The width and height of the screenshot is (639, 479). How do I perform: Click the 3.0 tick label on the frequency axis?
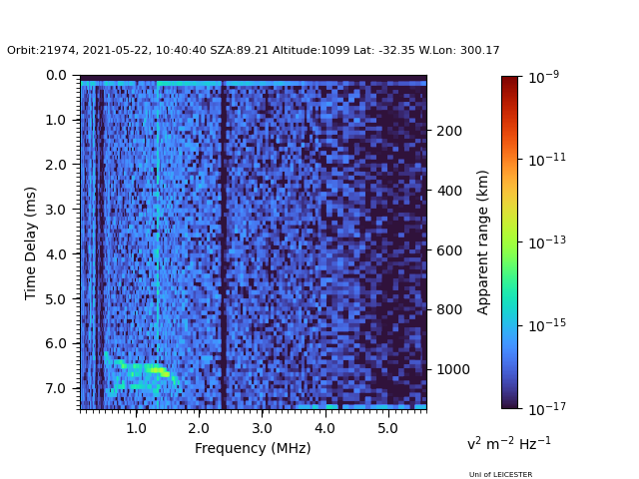coord(262,428)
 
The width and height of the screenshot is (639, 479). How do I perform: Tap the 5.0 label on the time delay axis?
coord(56,299)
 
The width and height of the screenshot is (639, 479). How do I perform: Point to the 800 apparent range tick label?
coord(449,309)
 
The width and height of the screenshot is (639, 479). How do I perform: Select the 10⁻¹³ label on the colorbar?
coord(547,241)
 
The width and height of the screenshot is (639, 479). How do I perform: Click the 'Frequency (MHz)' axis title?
coord(253,448)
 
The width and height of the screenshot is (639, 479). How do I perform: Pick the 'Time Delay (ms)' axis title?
coord(30,243)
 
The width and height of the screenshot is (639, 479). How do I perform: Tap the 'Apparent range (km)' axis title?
coord(482,242)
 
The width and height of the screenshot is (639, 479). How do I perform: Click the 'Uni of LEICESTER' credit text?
coord(500,475)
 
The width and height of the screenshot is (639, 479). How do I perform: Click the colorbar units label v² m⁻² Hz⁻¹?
coord(508,443)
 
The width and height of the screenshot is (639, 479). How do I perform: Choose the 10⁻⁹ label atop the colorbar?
coord(543,77)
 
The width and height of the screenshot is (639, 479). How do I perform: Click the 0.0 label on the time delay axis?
coord(56,76)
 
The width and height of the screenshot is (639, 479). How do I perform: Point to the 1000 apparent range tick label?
coord(453,369)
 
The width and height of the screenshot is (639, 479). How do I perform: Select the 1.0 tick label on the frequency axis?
coord(136,428)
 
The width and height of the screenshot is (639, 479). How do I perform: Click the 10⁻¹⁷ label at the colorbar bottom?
coord(547,408)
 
